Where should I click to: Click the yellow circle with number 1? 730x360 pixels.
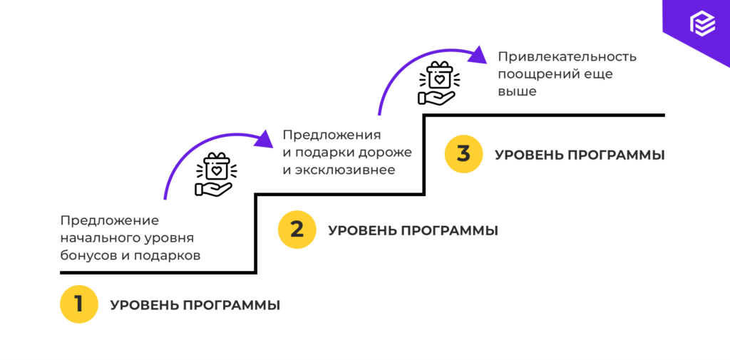pos(79,304)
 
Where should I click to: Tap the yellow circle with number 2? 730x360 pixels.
pos(297,230)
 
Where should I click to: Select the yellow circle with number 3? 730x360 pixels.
pos(464,154)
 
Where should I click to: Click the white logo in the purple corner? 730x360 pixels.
pos(701,24)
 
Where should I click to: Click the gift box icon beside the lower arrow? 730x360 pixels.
pos(215,173)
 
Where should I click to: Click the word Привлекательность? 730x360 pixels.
pos(567,56)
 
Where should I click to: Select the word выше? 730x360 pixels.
pos(517,91)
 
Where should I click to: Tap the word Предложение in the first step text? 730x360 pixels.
pos(109,220)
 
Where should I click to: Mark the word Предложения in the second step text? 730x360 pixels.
pos(331,135)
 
